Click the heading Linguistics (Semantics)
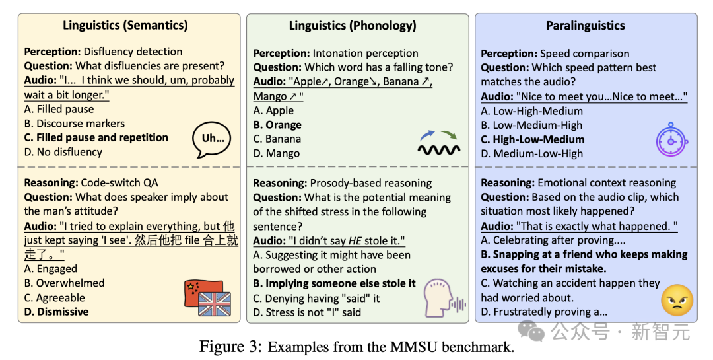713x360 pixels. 125,26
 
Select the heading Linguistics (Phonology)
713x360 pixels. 353,26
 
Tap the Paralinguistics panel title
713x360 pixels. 585,26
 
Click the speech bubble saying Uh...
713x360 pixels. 211,139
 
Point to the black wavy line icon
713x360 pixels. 439,149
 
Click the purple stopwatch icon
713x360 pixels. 671,139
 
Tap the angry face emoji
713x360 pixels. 677,301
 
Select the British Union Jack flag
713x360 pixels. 215,304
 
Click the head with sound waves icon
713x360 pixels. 444,298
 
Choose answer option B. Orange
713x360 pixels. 277,125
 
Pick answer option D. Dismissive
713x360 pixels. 56,312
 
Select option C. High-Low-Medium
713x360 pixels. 533,140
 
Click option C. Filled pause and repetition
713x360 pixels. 96,138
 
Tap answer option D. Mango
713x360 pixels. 277,154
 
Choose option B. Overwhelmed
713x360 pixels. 64,283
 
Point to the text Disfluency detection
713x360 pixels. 133,52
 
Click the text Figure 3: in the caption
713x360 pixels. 230,347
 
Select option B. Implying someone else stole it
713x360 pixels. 334,284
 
